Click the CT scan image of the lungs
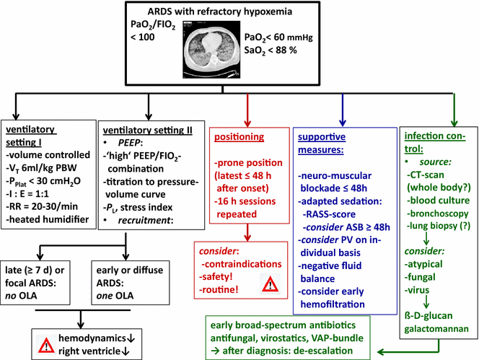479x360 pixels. coord(224,51)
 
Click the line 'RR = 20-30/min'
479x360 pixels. coord(47,198)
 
